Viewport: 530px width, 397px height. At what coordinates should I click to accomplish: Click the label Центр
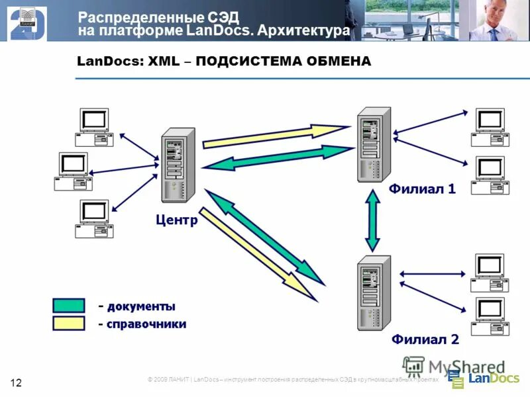coord(176,220)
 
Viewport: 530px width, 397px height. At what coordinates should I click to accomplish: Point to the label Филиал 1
coord(422,189)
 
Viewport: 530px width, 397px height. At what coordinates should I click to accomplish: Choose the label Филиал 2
coord(425,340)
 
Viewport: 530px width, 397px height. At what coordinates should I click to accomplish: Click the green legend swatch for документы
coord(69,306)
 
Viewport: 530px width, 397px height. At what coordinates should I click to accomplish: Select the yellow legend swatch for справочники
coord(69,324)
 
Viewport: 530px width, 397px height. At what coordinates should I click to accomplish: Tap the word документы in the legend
coord(141,306)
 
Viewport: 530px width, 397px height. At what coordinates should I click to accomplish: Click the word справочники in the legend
coord(146,324)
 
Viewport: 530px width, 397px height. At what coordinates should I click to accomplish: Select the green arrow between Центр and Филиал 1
coord(278,157)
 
